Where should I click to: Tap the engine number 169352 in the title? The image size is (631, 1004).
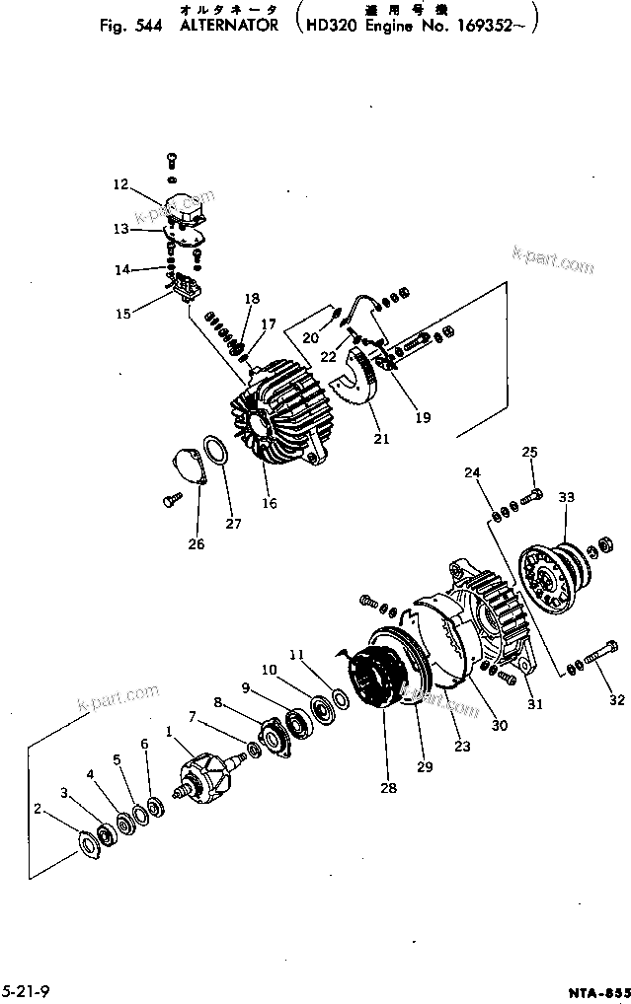[x=486, y=27]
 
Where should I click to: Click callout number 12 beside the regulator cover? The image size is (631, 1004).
[x=119, y=183]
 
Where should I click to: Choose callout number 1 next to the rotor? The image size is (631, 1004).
[x=169, y=732]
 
